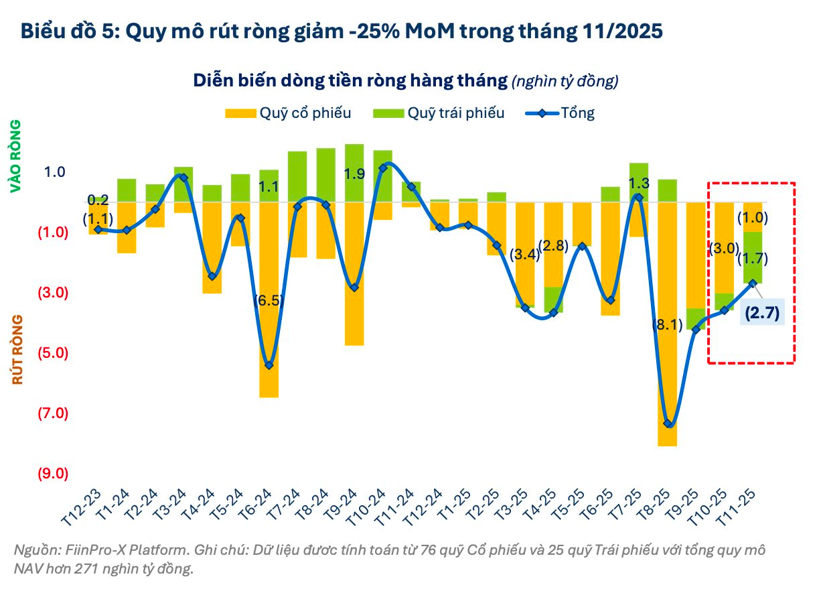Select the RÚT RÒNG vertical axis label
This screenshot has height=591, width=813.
[17, 349]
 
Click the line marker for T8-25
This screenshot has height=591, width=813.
[668, 423]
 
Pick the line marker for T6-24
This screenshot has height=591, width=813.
[269, 365]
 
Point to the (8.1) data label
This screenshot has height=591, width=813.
[666, 326]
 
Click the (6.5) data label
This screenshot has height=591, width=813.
[269, 300]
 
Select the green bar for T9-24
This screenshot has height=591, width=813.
[354, 173]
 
